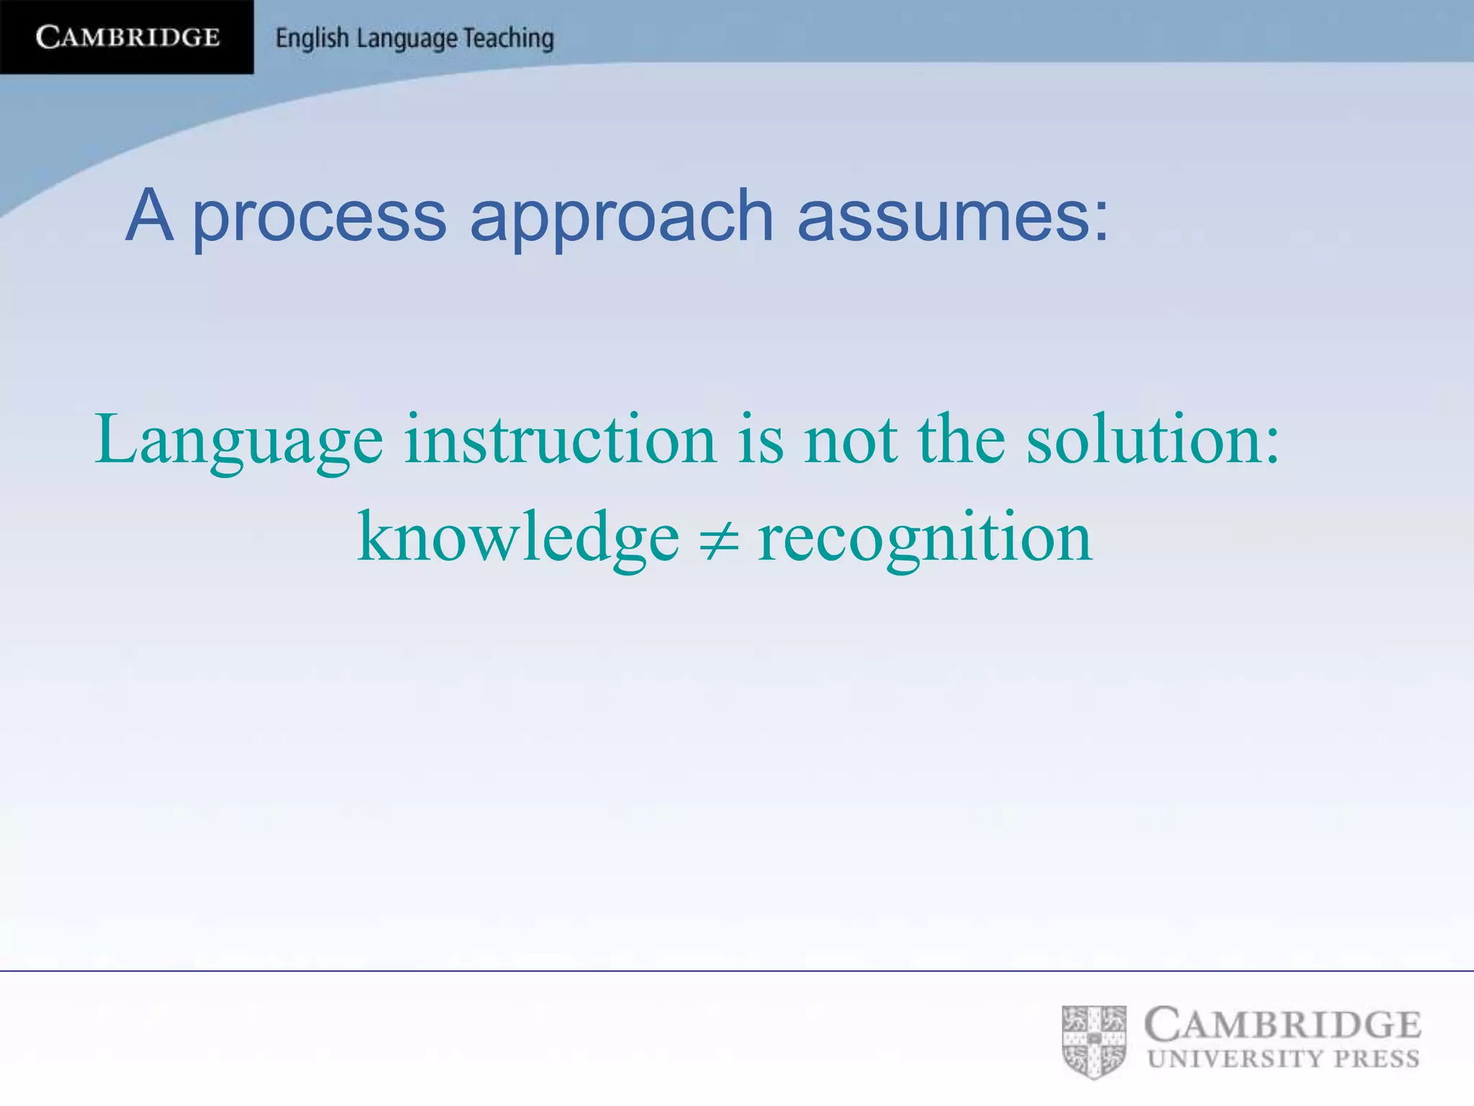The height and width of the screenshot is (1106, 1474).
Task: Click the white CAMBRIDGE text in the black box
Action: coord(127,37)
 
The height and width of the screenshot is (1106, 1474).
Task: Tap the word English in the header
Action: coord(312,38)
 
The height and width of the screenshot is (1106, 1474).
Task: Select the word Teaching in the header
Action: coord(508,38)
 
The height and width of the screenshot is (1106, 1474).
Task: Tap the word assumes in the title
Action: coord(951,216)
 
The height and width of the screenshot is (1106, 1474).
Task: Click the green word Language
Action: coord(239,440)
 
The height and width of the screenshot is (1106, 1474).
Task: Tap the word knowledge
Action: coord(518,537)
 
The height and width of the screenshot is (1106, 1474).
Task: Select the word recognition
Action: coord(925,539)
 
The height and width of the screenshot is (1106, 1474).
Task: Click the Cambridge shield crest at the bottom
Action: coord(1094,1041)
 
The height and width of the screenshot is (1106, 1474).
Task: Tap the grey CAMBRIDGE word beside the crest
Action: coord(1283,1025)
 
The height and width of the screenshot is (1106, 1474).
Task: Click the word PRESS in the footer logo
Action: coord(1377,1058)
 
